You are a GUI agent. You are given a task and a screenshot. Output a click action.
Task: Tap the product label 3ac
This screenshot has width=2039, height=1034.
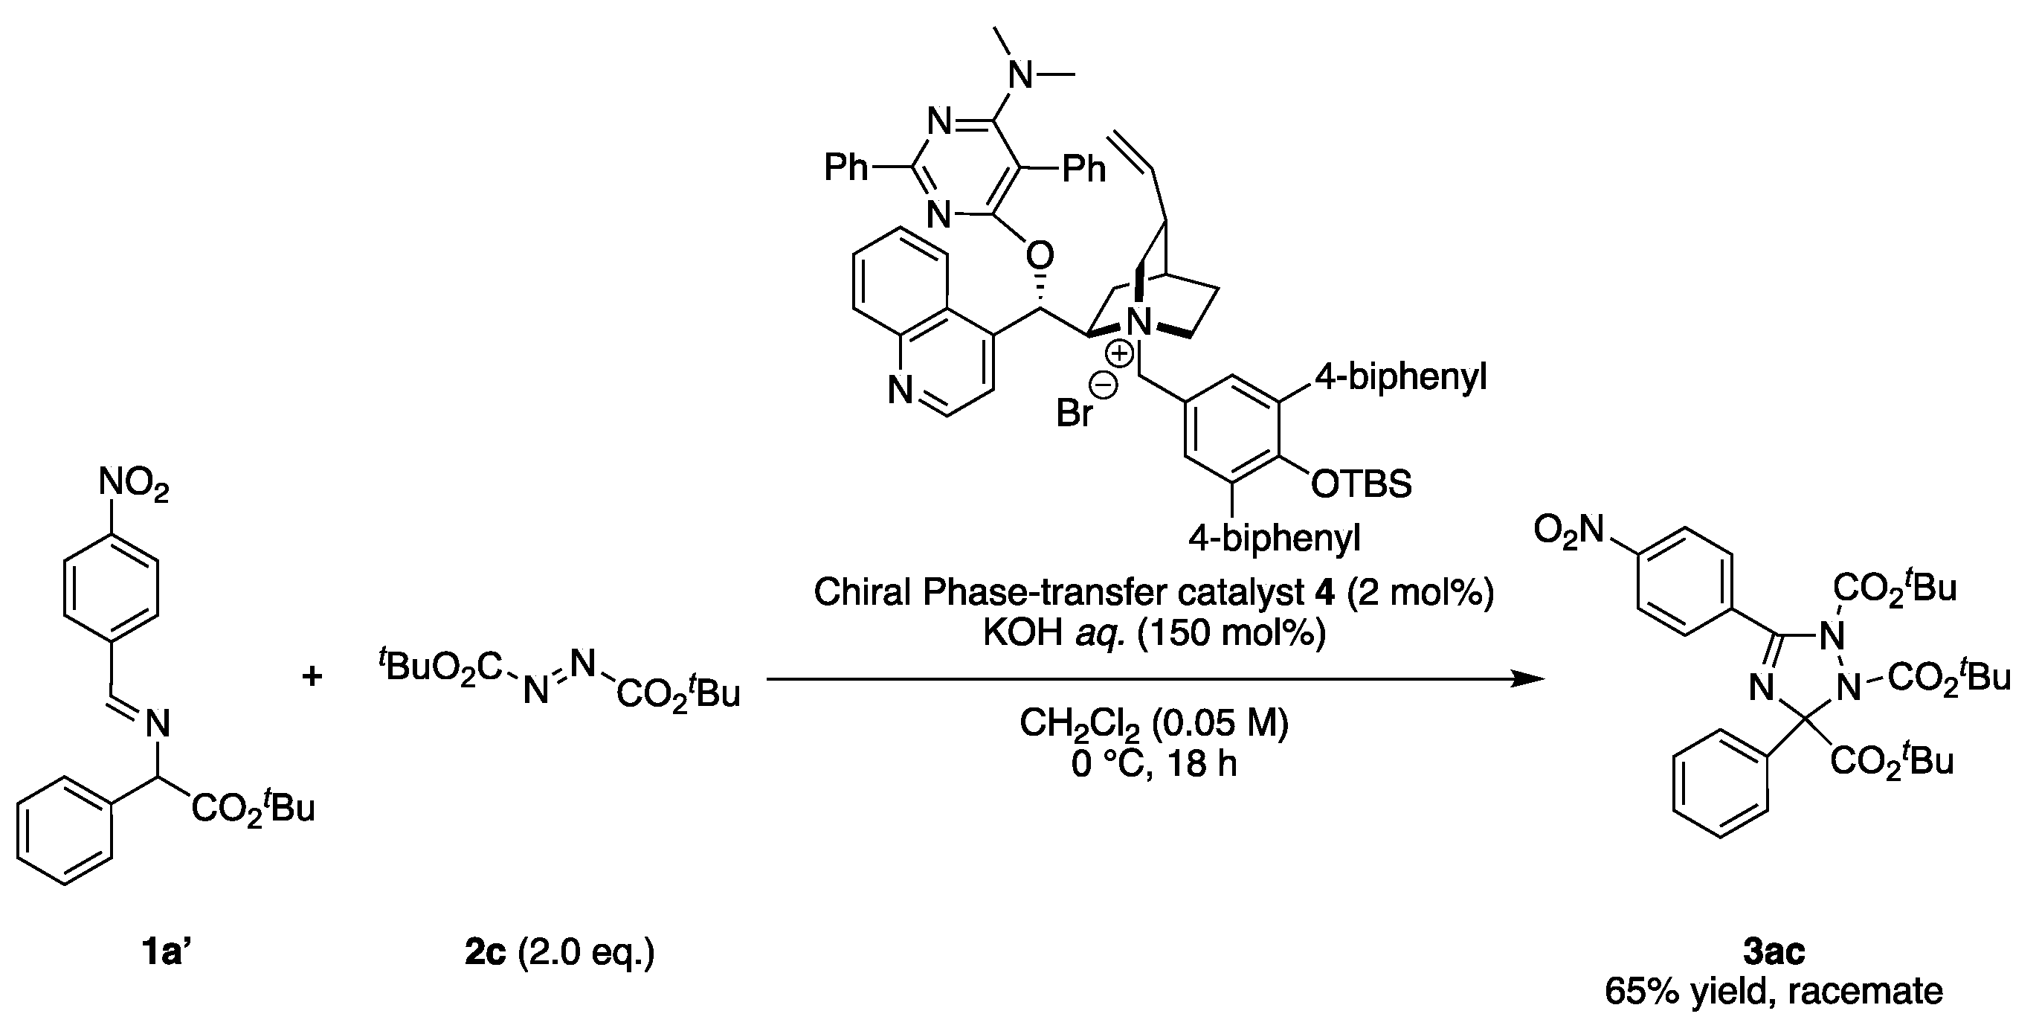(1774, 952)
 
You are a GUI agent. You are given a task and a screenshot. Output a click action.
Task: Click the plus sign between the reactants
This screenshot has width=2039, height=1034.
(312, 677)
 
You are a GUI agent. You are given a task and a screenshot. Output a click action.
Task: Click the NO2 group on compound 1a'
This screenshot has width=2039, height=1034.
(133, 484)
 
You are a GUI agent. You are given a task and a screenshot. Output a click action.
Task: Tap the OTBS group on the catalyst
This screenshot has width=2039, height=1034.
(1361, 483)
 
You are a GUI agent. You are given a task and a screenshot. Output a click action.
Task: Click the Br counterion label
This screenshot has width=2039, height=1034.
(1074, 413)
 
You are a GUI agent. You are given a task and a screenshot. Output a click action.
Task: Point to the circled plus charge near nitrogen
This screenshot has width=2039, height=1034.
(1119, 354)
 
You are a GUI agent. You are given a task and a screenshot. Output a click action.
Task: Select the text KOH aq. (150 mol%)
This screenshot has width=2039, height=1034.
(1154, 633)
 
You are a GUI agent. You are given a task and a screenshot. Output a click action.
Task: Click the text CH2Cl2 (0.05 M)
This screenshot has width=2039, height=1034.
(1154, 723)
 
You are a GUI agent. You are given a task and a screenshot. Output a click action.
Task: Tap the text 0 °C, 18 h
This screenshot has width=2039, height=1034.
(1154, 764)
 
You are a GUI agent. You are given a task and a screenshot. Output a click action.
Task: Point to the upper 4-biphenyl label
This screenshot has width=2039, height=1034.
(1400, 377)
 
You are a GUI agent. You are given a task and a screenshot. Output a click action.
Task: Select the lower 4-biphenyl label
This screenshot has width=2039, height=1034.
(1275, 539)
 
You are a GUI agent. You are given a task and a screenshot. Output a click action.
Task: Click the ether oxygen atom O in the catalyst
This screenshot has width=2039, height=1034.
(1040, 255)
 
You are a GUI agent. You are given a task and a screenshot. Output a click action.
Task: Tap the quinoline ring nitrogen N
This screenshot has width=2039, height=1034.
(901, 391)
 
